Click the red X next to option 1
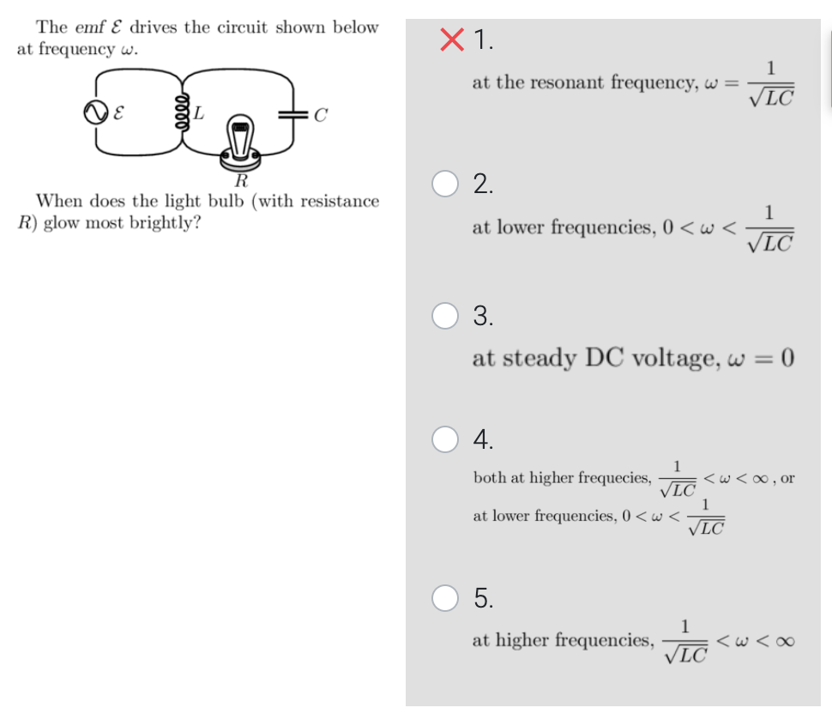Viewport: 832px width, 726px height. pos(452,39)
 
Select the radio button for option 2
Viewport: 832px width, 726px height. pos(444,184)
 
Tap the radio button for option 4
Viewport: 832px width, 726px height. pos(444,439)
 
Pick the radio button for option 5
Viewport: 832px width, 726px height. pos(444,597)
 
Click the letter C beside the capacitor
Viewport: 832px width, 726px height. pos(320,113)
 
